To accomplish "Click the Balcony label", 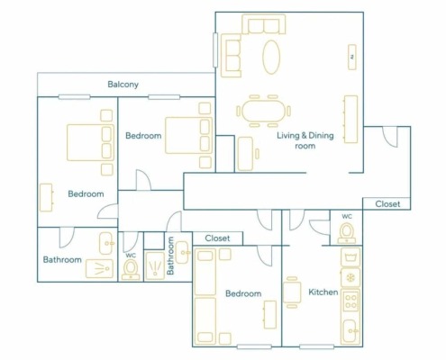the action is pyautogui.click(x=123, y=85).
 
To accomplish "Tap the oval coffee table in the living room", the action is pyautogui.click(x=271, y=57).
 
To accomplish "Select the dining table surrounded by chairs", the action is pyautogui.click(x=263, y=111).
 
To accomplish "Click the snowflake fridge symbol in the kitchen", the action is pyautogui.click(x=350, y=277).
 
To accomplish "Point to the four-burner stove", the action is pyautogui.click(x=350, y=301).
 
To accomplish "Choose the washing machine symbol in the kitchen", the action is pyautogui.click(x=350, y=257).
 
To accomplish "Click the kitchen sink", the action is pyautogui.click(x=350, y=331).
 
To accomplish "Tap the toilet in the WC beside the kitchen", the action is pyautogui.click(x=347, y=233).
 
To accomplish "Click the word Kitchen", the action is pyautogui.click(x=323, y=292).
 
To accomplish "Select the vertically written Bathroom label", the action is pyautogui.click(x=170, y=256).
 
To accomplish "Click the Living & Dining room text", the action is pyautogui.click(x=305, y=140).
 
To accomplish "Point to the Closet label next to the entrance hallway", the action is pyautogui.click(x=387, y=204).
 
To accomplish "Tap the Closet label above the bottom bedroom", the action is pyautogui.click(x=217, y=238).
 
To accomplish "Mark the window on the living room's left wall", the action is pyautogui.click(x=215, y=50).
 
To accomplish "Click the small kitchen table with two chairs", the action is pyautogui.click(x=292, y=292).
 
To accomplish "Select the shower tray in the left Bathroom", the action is pyautogui.click(x=99, y=268).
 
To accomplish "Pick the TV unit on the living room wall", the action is pyautogui.click(x=352, y=57).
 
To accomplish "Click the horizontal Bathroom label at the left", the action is pyautogui.click(x=62, y=259).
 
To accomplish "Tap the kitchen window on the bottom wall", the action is pyautogui.click(x=317, y=346).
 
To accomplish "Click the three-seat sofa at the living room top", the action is pyautogui.click(x=264, y=24).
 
